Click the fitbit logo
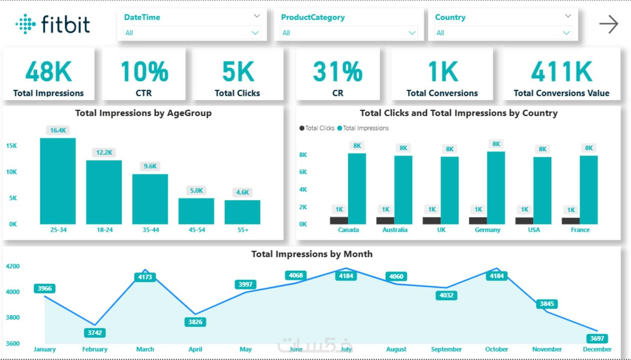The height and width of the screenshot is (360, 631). click(x=53, y=24)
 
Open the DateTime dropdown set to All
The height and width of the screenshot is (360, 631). click(x=192, y=33)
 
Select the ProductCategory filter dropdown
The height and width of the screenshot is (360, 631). click(x=349, y=33)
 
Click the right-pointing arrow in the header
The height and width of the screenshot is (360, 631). click(x=609, y=24)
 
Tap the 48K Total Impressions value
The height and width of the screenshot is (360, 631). click(x=49, y=71)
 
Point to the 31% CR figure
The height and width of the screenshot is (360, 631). click(x=338, y=71)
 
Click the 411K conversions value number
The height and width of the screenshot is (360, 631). click(x=561, y=71)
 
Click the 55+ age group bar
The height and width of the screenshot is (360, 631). click(x=242, y=212)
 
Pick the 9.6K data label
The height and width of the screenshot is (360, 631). click(x=150, y=166)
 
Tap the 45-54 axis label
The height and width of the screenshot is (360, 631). click(x=197, y=230)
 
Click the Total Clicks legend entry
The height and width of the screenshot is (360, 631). click(x=317, y=128)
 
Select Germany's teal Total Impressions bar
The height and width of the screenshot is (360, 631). click(x=496, y=188)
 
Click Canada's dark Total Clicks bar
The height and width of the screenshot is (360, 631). click(x=339, y=220)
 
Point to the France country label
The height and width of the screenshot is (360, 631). click(x=580, y=230)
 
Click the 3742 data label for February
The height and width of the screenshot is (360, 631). click(x=95, y=333)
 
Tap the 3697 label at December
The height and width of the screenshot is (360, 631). click(x=597, y=338)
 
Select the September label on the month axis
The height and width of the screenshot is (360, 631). click(x=446, y=349)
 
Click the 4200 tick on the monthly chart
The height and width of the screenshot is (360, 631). click(x=13, y=266)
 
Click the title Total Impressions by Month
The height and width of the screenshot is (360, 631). click(x=312, y=254)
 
